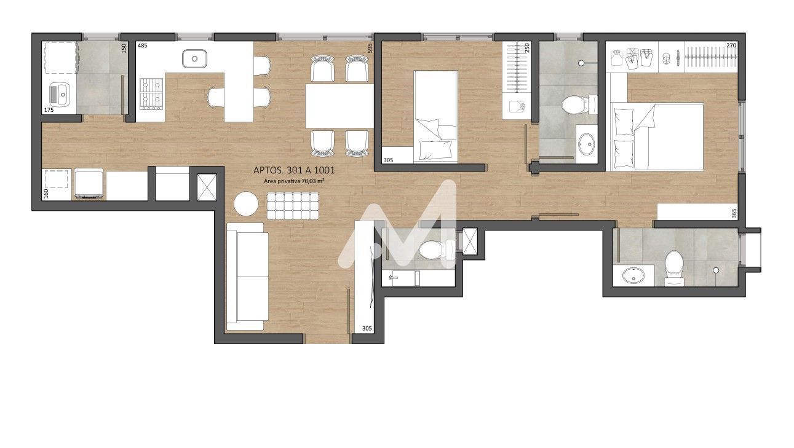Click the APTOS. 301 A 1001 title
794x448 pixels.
(294, 170)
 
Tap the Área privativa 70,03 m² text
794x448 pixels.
(294, 181)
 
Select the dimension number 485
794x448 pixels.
(142, 45)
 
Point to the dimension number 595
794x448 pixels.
(370, 48)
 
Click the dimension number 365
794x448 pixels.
(734, 213)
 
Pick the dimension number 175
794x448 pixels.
(49, 110)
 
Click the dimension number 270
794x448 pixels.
(731, 45)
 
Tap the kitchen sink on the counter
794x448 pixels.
(194, 58)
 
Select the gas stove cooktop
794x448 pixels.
(151, 93)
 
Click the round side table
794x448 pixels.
(246, 203)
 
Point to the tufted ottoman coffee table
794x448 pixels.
(293, 206)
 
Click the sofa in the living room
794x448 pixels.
(247, 277)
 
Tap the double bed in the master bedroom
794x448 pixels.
(657, 136)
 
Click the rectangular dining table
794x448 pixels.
(339, 106)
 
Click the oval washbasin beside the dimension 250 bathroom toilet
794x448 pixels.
(587, 144)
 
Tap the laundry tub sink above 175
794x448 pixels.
(60, 94)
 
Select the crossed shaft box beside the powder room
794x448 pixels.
(470, 242)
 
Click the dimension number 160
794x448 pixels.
(46, 194)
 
